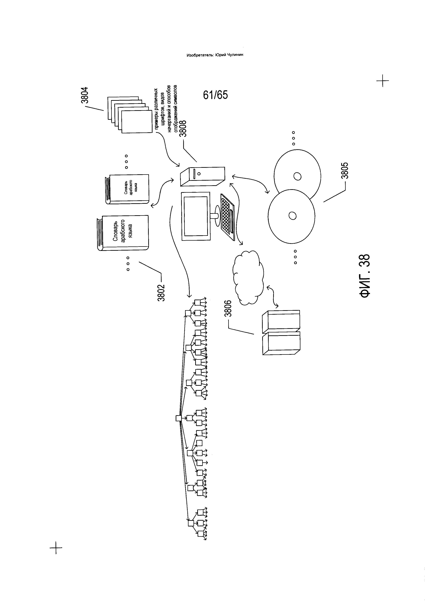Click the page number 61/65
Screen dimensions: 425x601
[215, 95]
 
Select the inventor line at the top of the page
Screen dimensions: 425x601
[215, 55]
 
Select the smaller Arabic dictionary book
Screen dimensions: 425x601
[127, 189]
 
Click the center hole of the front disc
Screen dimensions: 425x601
[292, 216]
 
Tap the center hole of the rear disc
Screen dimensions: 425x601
[297, 176]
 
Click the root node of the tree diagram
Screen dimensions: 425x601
[178, 418]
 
